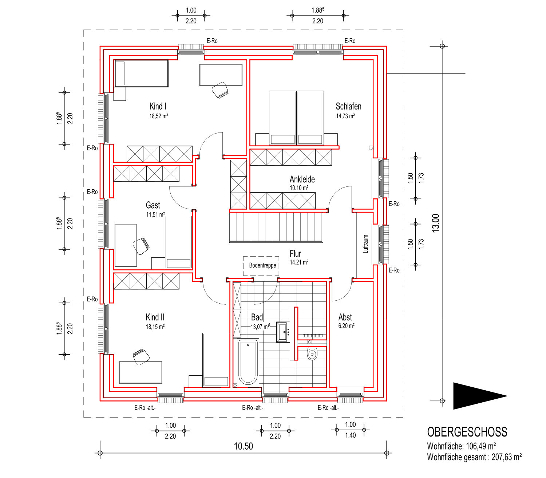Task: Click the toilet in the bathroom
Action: (x=312, y=353)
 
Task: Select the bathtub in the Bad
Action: (x=248, y=362)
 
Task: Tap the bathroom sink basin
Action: (x=283, y=332)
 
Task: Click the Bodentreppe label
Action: (x=262, y=265)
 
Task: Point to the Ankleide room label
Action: (x=302, y=179)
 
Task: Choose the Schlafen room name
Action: (x=348, y=107)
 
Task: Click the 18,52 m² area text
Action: (x=158, y=116)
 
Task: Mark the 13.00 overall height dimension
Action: (x=435, y=223)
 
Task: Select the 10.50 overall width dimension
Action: (x=244, y=446)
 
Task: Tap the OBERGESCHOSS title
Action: (x=467, y=432)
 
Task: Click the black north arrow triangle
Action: (x=480, y=396)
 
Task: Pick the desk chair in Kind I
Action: (x=220, y=90)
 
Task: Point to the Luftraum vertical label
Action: (x=365, y=244)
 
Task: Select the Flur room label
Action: (x=295, y=253)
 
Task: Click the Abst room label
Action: (x=345, y=317)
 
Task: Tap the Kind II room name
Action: (x=155, y=317)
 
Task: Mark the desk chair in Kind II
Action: (x=141, y=356)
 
